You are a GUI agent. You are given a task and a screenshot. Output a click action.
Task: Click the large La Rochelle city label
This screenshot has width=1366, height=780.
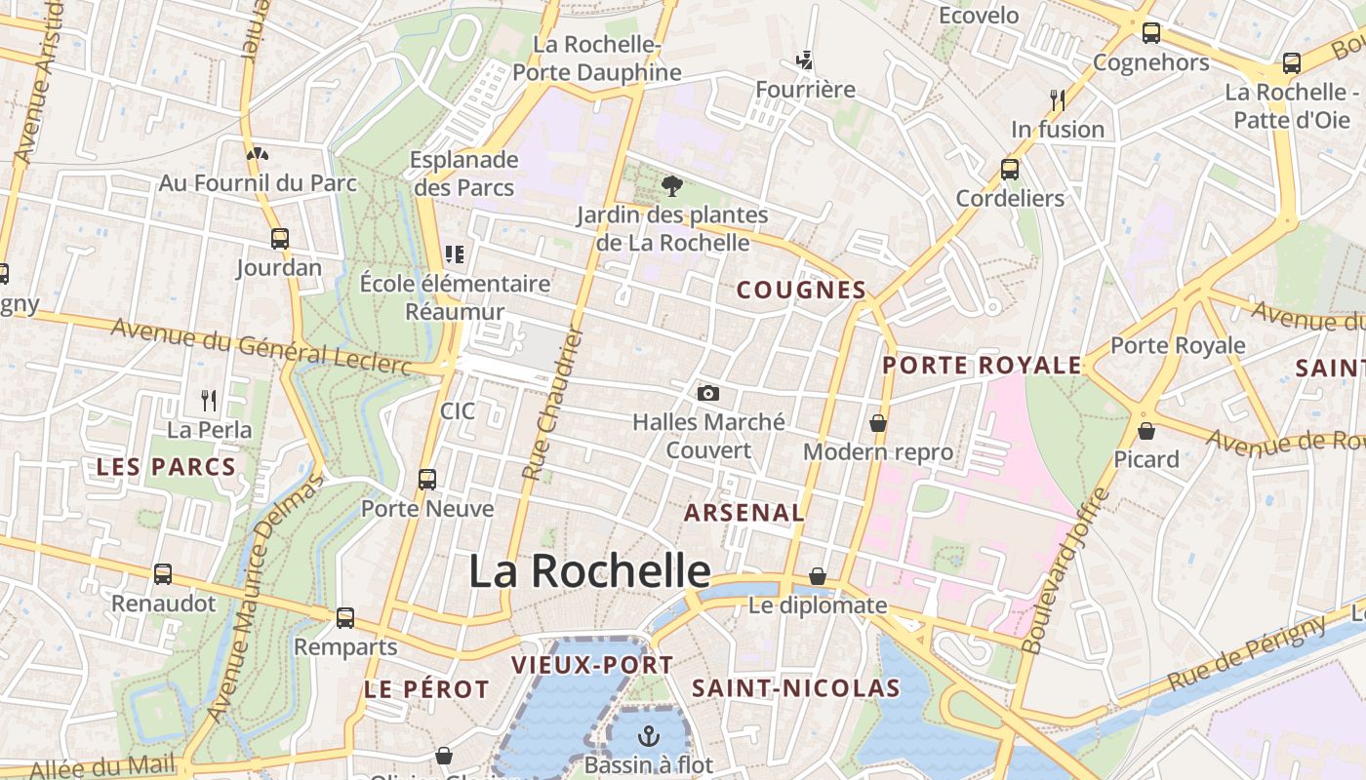pyautogui.click(x=589, y=571)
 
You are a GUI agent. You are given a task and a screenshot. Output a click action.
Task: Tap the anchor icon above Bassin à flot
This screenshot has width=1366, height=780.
pyautogui.click(x=649, y=736)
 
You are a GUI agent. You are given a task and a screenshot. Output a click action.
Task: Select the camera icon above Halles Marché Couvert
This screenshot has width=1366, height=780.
pyautogui.click(x=708, y=393)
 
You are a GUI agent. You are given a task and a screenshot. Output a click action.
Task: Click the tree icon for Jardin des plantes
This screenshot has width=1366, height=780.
pyautogui.click(x=671, y=185)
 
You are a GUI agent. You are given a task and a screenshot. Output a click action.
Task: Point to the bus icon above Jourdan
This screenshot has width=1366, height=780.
pyautogui.click(x=279, y=238)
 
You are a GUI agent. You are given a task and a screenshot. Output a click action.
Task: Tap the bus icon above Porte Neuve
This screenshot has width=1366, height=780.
pyautogui.click(x=427, y=479)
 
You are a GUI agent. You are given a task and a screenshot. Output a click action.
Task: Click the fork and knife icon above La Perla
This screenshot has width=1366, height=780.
pyautogui.click(x=209, y=400)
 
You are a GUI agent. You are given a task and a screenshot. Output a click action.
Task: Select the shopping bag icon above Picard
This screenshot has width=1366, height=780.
pyautogui.click(x=1146, y=430)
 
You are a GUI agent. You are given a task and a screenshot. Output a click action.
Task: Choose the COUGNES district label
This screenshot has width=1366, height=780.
pyautogui.click(x=801, y=290)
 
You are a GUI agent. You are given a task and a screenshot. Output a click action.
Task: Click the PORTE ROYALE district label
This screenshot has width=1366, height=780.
pyautogui.click(x=982, y=366)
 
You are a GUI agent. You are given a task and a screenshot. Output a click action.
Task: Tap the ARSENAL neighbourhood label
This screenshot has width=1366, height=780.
pyautogui.click(x=744, y=513)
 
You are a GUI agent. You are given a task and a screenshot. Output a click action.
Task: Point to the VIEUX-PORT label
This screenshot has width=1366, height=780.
pyautogui.click(x=592, y=665)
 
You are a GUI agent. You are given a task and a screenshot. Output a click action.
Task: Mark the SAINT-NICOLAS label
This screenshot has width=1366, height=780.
pyautogui.click(x=795, y=687)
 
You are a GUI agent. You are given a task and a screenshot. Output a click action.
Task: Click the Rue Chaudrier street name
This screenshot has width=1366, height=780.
pyautogui.click(x=552, y=403)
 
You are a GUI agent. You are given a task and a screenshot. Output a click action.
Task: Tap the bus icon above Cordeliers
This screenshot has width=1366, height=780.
pyautogui.click(x=1010, y=169)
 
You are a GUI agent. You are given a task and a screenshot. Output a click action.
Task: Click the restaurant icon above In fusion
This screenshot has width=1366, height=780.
pyautogui.click(x=1057, y=99)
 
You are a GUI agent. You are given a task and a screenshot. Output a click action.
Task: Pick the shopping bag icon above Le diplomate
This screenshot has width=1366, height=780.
pyautogui.click(x=818, y=576)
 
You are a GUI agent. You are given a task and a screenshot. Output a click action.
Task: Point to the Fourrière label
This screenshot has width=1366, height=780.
pyautogui.click(x=805, y=90)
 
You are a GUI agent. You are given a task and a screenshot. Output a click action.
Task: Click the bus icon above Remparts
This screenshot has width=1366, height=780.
pyautogui.click(x=345, y=617)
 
